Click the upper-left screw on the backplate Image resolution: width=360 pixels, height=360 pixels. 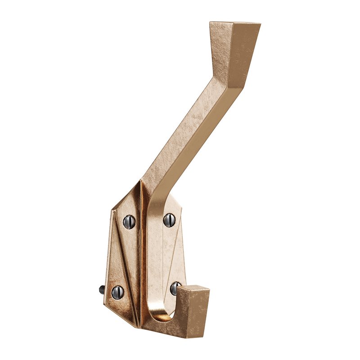pos(129,221)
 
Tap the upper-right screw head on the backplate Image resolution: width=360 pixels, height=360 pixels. pos(169,220)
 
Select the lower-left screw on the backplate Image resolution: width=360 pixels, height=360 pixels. pos(117,292)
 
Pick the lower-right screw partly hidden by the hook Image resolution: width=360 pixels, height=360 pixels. pos(175,288)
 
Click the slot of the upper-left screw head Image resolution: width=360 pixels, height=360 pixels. pos(129,221)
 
